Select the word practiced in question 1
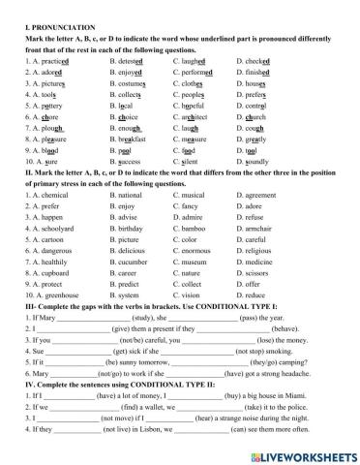tap(47, 60)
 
